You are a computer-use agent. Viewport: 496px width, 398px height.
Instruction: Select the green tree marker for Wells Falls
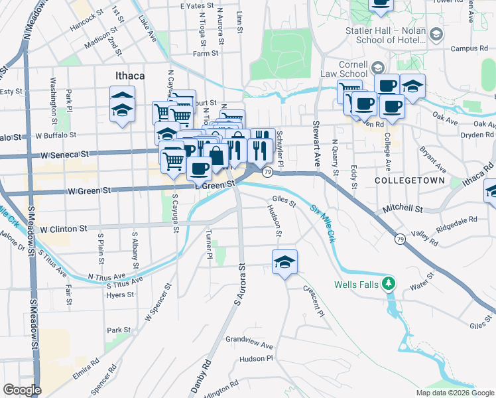pyautogui.click(x=391, y=285)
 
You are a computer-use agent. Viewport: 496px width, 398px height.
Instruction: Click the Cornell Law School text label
pyautogui.click(x=344, y=69)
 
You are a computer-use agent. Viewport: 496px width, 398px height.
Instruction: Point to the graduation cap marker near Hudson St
pyautogui.click(x=284, y=261)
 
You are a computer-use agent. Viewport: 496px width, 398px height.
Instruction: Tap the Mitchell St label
pyautogui.click(x=403, y=208)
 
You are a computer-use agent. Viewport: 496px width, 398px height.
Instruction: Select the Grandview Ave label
pyautogui.click(x=249, y=345)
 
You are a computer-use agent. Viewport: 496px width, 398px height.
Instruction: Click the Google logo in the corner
pyautogui.click(x=22, y=390)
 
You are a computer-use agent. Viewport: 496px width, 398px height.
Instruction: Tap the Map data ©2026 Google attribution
pyautogui.click(x=455, y=393)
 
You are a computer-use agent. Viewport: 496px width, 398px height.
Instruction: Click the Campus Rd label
pyautogui.click(x=469, y=48)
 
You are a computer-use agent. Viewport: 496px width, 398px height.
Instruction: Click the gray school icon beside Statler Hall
pyautogui.click(x=436, y=33)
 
